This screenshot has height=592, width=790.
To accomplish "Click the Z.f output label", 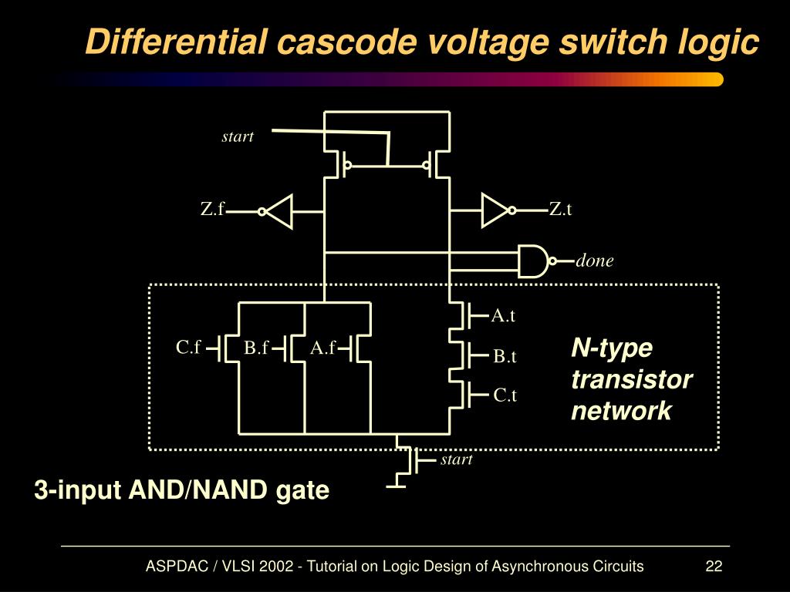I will [212, 209].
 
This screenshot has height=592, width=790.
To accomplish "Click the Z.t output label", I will [560, 209].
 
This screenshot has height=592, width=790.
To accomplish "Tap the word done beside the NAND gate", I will [594, 261].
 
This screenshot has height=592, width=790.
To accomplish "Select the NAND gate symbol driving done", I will [532, 261].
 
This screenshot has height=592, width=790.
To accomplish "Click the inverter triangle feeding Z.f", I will [279, 210].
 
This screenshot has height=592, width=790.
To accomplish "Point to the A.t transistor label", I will [503, 314].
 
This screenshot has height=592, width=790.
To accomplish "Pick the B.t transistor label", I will [505, 356].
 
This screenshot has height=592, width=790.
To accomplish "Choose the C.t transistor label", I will [505, 395].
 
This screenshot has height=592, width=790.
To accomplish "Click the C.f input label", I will [187, 348].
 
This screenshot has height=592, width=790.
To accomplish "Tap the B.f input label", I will [255, 348].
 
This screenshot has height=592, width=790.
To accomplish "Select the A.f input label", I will [322, 348].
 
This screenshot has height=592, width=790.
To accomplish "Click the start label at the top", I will [238, 136].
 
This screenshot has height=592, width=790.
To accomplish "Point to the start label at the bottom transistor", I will [456, 459].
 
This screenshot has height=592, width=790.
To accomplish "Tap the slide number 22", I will [713, 567].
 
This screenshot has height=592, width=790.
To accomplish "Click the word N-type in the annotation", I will [612, 348].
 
